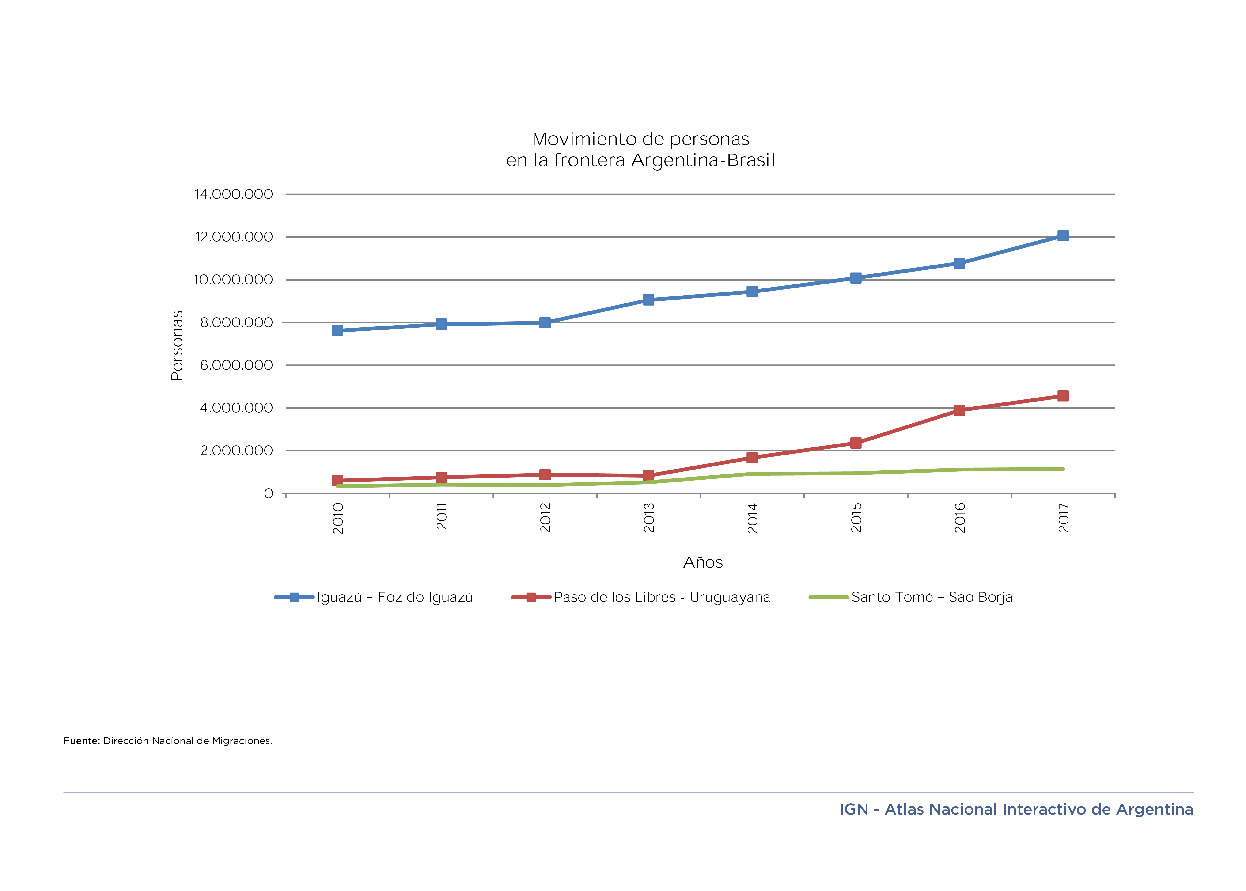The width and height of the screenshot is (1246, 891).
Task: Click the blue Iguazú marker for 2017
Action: [x=1062, y=236]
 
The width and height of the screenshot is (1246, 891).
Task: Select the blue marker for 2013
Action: [x=648, y=300]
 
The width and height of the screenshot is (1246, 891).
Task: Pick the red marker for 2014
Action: [x=752, y=458]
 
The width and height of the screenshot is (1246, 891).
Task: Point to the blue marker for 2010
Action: [x=337, y=330]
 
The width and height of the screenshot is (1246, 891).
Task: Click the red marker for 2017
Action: [x=1062, y=396]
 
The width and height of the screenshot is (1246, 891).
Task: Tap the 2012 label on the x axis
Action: [x=545, y=517]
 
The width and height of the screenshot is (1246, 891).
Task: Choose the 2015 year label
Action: [x=856, y=517]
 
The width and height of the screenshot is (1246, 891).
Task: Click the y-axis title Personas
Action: [x=177, y=346]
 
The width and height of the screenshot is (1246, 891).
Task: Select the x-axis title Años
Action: [x=703, y=562]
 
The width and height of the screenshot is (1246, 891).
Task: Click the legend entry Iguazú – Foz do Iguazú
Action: [x=394, y=597]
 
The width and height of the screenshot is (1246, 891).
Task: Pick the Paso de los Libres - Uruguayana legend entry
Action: [x=662, y=597]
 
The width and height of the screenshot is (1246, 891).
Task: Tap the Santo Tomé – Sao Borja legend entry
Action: [x=932, y=597]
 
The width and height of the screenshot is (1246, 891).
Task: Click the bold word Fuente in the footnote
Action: [x=81, y=741]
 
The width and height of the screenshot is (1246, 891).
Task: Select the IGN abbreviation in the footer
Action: [x=854, y=809]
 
